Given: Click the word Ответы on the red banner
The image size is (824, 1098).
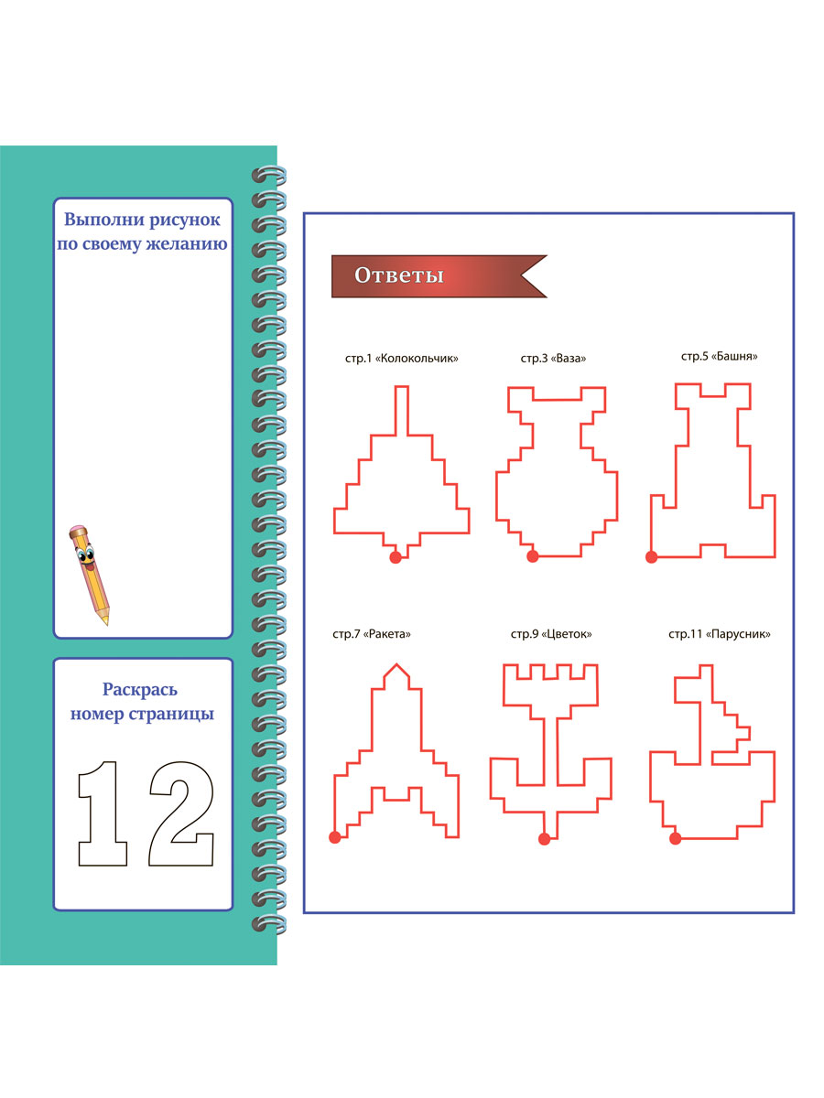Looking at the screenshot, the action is [399, 275].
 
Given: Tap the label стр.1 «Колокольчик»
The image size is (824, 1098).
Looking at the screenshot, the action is [401, 358].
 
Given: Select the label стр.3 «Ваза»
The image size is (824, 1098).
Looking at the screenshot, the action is [553, 358].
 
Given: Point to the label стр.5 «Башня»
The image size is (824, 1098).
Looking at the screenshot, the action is [719, 356].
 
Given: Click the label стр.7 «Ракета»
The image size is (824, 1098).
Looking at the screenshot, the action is [371, 634].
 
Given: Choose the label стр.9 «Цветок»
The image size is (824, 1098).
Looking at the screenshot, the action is [551, 634].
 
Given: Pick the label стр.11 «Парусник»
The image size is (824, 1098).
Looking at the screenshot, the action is [719, 634].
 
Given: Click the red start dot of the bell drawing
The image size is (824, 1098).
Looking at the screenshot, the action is [396, 557].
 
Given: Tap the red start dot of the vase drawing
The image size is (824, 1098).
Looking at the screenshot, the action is [532, 555].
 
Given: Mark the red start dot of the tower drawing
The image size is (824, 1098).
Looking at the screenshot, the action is [651, 556].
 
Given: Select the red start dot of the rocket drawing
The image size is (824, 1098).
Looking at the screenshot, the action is [335, 837].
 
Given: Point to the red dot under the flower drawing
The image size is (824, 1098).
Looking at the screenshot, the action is [545, 839].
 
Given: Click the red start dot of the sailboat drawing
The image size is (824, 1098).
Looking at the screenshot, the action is [675, 838].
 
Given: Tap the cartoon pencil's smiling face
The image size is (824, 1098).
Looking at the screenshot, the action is [85, 556].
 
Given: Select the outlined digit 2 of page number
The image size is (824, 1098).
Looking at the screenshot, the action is [181, 813].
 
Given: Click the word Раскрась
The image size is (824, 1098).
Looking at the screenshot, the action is [139, 690].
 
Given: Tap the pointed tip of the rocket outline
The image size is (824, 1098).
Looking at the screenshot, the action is [396, 663].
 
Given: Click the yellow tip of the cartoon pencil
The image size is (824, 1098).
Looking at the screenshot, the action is [105, 622].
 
